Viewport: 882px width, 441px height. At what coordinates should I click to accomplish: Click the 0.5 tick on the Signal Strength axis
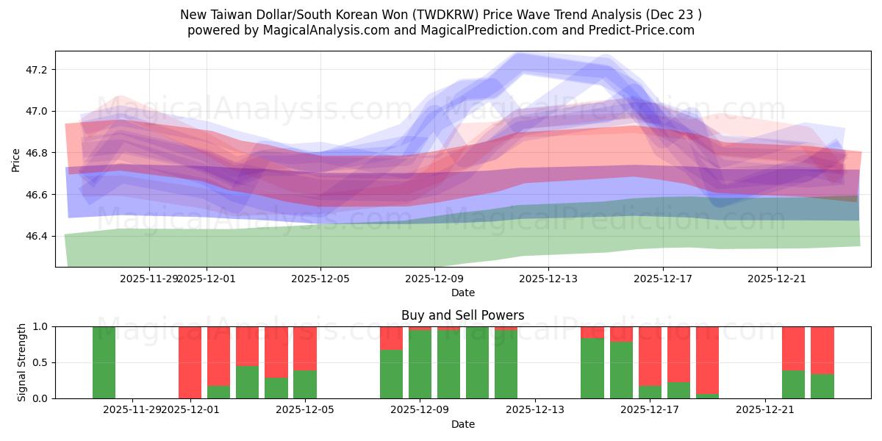tap(40, 362)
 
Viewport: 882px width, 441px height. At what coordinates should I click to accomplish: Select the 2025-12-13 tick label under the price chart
tap(548, 279)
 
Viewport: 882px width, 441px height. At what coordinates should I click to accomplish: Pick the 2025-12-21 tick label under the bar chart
tap(766, 410)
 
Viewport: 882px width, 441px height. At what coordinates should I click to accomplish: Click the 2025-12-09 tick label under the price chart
tap(434, 279)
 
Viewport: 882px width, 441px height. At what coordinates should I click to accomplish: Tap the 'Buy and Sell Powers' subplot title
tap(462, 315)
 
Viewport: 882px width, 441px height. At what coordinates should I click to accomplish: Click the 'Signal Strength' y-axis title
tap(22, 362)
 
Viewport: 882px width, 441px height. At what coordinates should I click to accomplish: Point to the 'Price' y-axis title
tap(16, 159)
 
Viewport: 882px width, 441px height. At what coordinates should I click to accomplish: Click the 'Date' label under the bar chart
tap(462, 424)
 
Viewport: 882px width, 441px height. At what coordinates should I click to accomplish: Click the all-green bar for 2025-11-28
tap(104, 362)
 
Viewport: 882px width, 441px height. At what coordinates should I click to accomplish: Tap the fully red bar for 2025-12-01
tap(190, 362)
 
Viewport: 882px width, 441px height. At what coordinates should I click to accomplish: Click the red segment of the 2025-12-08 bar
tap(391, 337)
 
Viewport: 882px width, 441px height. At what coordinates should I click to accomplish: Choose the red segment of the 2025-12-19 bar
tap(707, 359)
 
